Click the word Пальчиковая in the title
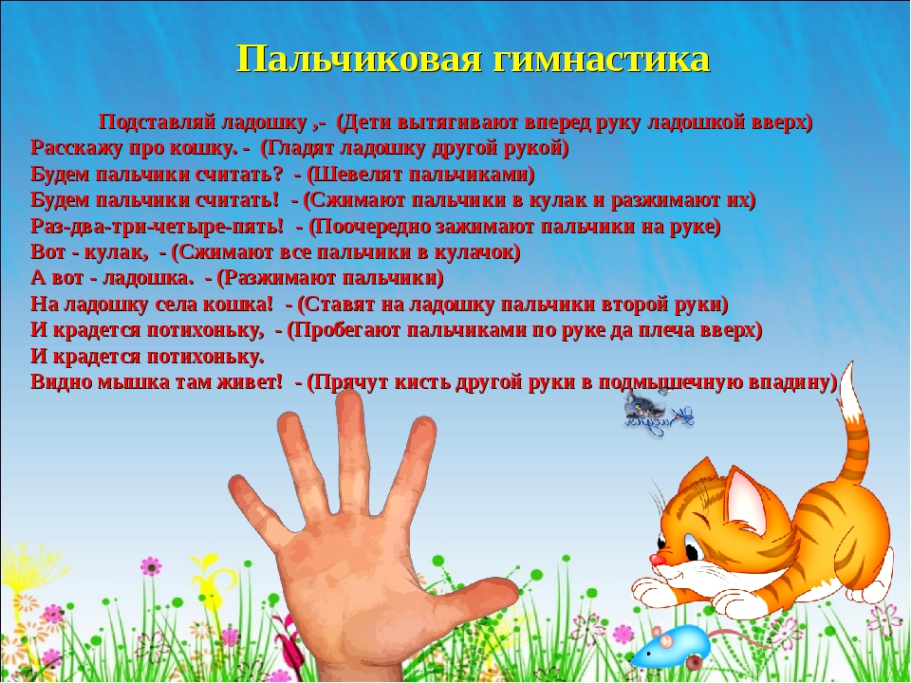coord(360,58)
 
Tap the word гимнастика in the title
coord(602,58)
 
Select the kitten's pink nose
coord(656,560)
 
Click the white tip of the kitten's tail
coord(850,389)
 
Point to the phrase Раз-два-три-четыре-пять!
coord(157,226)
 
